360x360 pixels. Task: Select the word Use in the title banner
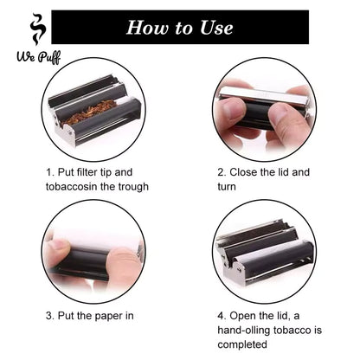click(216, 27)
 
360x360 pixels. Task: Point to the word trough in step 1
click(147, 186)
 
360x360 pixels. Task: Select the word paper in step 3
click(112, 316)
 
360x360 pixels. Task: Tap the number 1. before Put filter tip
click(49, 171)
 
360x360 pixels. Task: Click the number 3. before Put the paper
click(49, 316)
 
